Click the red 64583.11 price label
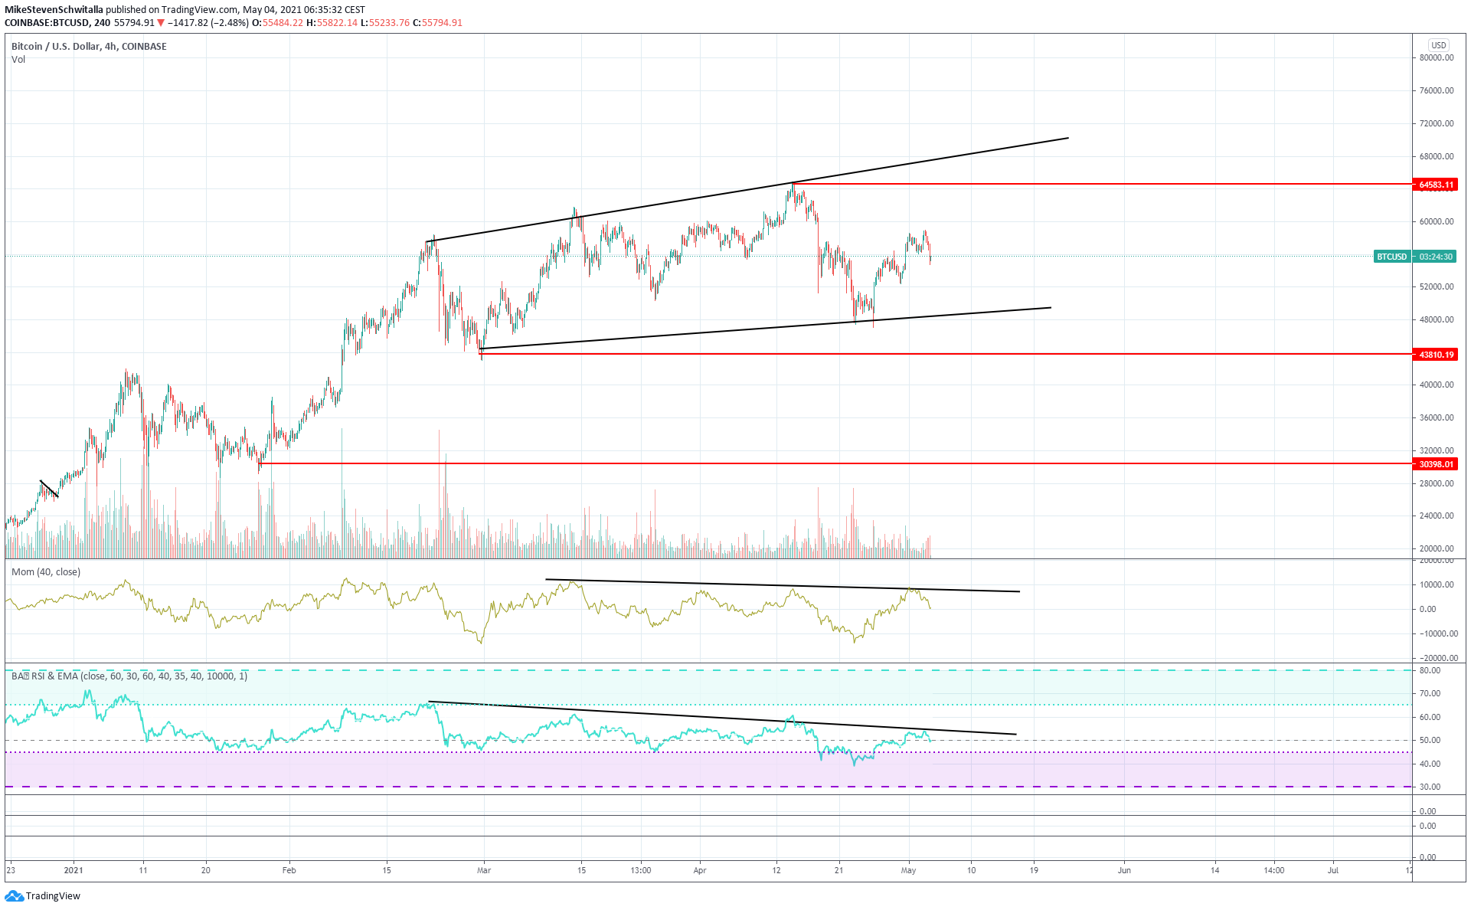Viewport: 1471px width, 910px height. click(1435, 185)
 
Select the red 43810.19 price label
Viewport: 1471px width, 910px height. click(1435, 355)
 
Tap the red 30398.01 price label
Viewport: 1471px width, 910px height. click(1435, 464)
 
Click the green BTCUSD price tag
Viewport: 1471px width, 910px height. click(1391, 257)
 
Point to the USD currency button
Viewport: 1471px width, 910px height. click(1439, 45)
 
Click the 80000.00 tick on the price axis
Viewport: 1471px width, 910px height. click(1437, 57)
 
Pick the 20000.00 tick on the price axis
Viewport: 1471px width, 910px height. click(1437, 548)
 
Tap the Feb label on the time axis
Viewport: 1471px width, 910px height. click(289, 870)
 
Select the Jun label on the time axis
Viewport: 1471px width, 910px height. click(1124, 870)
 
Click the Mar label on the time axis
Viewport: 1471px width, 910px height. click(484, 870)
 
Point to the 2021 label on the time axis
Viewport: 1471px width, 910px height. click(74, 870)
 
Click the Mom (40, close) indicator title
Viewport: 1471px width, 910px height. click(46, 572)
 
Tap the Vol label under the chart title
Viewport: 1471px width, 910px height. click(18, 60)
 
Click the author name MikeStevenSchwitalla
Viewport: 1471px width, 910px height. click(54, 10)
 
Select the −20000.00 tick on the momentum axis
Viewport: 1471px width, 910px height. click(1434, 658)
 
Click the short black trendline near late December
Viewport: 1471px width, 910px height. click(49, 489)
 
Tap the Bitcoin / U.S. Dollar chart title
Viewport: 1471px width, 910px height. click(89, 47)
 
